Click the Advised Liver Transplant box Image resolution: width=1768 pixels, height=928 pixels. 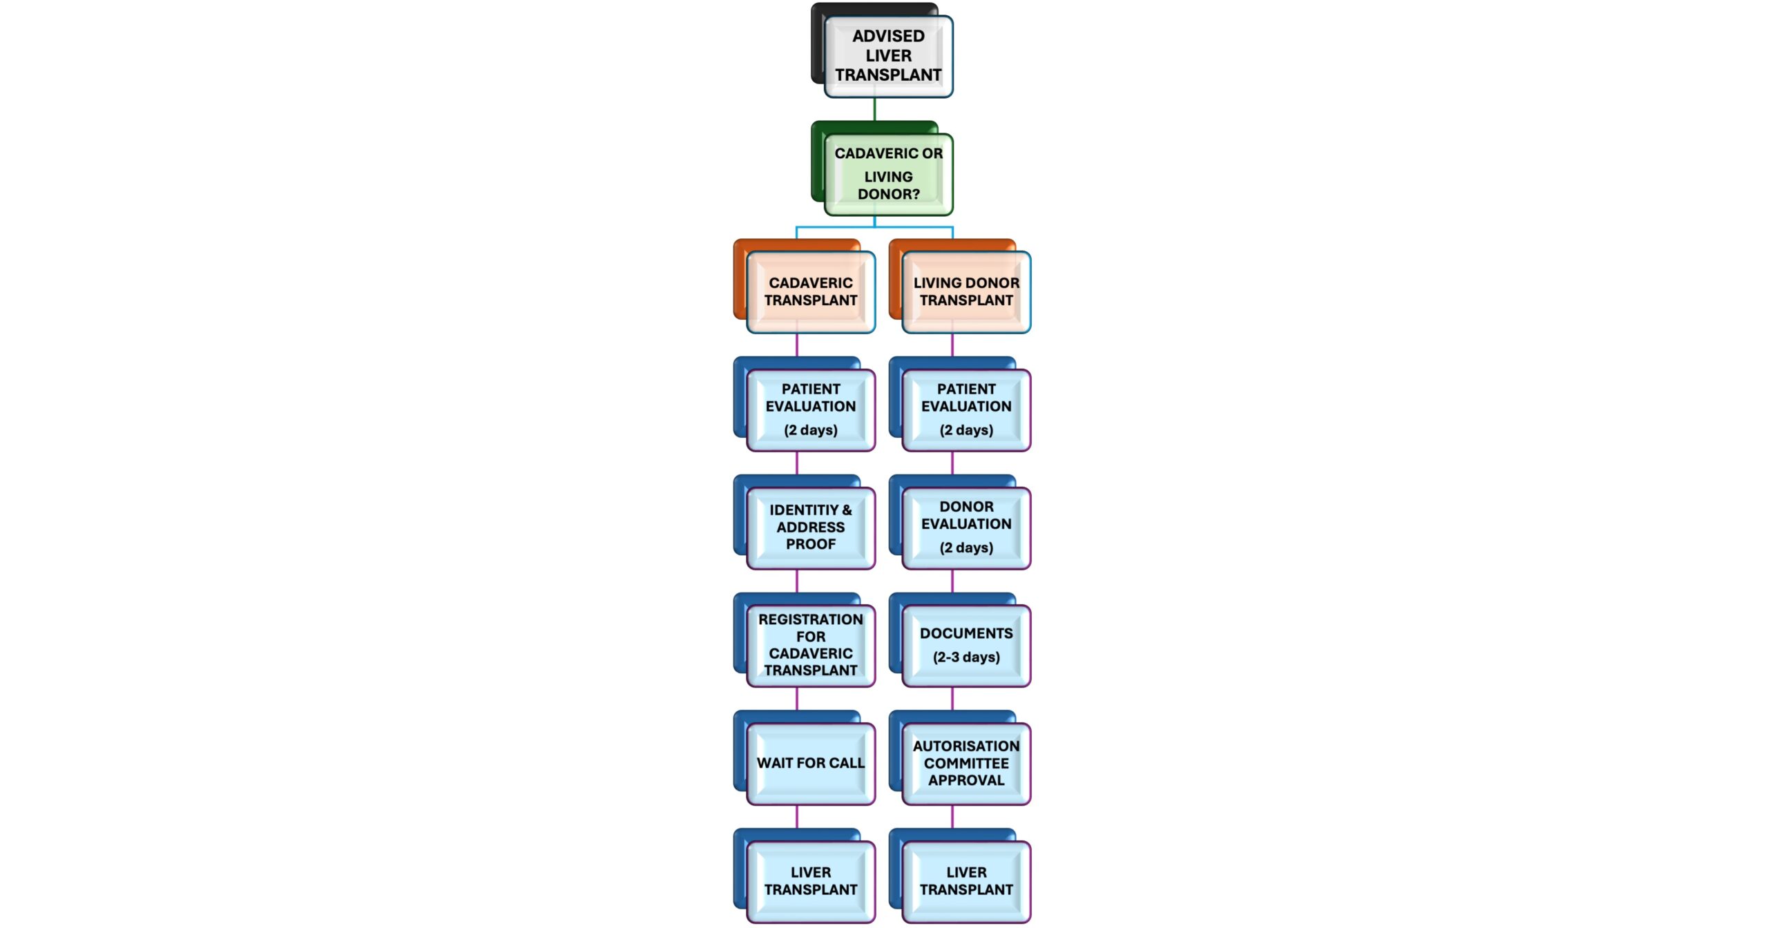888,56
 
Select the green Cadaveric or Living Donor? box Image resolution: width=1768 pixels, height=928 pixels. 888,174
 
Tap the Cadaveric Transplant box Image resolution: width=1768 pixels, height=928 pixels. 811,292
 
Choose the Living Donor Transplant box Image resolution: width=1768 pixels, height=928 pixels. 966,292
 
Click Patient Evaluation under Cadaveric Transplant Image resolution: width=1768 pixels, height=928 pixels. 811,409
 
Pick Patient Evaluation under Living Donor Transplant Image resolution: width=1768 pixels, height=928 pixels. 966,409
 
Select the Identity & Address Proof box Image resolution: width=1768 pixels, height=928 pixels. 811,528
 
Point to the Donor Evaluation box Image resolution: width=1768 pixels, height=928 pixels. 966,528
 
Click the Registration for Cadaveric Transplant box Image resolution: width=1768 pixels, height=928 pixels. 811,645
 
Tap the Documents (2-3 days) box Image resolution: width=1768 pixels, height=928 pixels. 966,645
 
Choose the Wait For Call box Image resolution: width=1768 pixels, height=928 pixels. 811,763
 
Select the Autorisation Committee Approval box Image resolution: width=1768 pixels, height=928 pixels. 966,763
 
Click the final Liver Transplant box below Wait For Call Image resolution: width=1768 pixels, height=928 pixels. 811,881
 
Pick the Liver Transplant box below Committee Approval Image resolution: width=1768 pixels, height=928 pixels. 966,881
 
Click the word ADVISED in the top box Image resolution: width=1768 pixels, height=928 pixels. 888,36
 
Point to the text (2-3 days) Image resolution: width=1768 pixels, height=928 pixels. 966,657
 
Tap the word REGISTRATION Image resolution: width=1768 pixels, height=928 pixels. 811,619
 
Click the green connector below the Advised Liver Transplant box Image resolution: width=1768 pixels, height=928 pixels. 874,109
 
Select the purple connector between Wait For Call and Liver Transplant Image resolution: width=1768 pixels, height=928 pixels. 797,817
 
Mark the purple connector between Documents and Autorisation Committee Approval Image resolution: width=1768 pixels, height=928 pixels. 952,698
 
